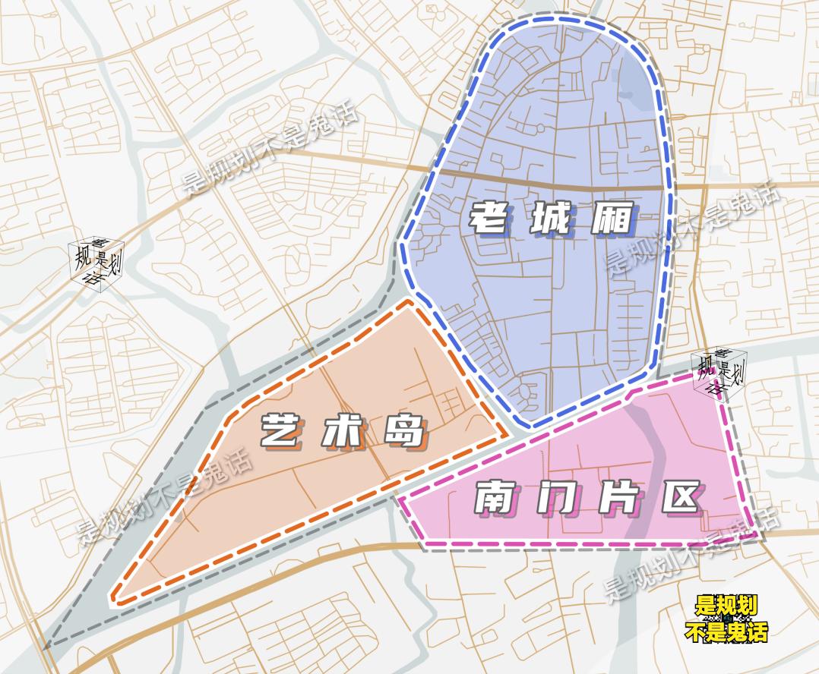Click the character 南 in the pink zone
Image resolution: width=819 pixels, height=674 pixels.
[x=496, y=499]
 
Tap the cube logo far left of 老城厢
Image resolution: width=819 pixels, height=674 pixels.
[x=96, y=263]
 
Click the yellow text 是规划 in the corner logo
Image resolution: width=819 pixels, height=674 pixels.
[x=726, y=606]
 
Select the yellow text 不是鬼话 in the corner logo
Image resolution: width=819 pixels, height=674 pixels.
[x=726, y=631]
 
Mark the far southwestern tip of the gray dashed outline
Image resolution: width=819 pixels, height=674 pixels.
[x=46, y=647]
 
